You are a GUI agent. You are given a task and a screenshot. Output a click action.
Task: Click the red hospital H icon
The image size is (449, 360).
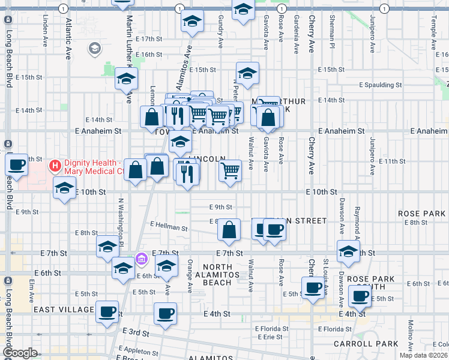tap(55, 164)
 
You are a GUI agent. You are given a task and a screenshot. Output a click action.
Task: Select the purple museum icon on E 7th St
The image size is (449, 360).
tap(142, 259)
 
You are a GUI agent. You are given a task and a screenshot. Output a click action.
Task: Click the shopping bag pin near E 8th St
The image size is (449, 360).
tap(229, 230)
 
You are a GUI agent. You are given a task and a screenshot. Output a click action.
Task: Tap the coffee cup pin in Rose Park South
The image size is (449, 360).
tap(360, 296)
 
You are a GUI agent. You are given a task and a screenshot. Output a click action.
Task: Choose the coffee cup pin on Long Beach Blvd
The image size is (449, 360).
tap(17, 164)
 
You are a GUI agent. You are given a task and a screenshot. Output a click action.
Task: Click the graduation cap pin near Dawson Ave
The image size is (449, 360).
tap(348, 252)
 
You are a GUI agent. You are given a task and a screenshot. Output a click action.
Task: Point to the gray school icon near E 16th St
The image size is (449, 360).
tap(94, 48)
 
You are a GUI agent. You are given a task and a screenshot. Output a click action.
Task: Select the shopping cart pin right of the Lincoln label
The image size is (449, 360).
tap(230, 171)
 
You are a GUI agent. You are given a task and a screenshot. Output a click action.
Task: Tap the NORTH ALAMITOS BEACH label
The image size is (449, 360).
tap(217, 275)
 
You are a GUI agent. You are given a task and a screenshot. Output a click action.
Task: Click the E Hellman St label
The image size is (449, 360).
tap(169, 226)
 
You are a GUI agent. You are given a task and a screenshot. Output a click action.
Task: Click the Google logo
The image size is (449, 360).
tap(20, 353)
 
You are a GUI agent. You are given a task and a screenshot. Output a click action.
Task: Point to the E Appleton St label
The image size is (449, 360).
tap(139, 349)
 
